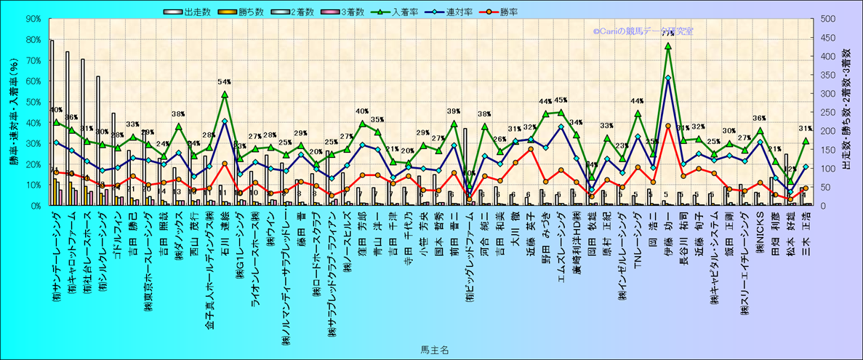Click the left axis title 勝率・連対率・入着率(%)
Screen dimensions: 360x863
[x=14, y=112]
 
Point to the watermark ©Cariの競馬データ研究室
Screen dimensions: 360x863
[x=643, y=31]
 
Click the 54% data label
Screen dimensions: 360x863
[x=224, y=82]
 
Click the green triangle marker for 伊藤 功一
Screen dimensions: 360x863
[x=667, y=47]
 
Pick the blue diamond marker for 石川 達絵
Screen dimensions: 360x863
[x=224, y=121]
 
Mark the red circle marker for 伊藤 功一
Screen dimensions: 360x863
[x=667, y=126]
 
